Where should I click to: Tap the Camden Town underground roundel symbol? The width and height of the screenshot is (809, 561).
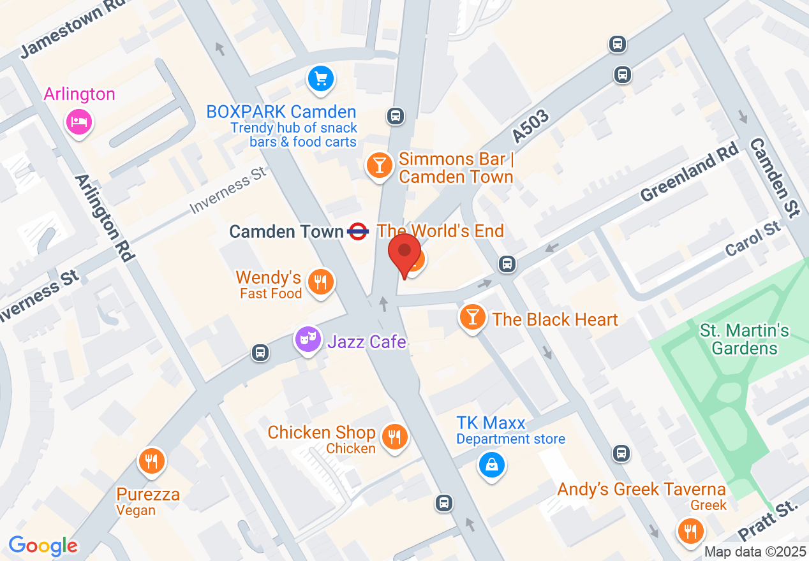[359, 231]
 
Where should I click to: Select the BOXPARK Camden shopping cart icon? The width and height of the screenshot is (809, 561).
[321, 79]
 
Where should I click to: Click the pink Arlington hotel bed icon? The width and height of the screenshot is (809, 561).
[79, 121]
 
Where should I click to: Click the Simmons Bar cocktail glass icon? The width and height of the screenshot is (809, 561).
[380, 166]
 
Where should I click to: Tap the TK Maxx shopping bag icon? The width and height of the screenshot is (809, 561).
[492, 465]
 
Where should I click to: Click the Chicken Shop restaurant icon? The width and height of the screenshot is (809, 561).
[395, 437]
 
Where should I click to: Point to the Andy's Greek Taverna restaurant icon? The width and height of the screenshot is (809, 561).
[690, 530]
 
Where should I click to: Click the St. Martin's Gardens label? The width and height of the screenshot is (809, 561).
[745, 339]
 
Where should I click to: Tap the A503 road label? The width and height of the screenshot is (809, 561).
[531, 126]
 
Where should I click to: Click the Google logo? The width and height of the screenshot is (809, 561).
[43, 546]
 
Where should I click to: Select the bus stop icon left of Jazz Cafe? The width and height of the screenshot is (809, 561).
[260, 353]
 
